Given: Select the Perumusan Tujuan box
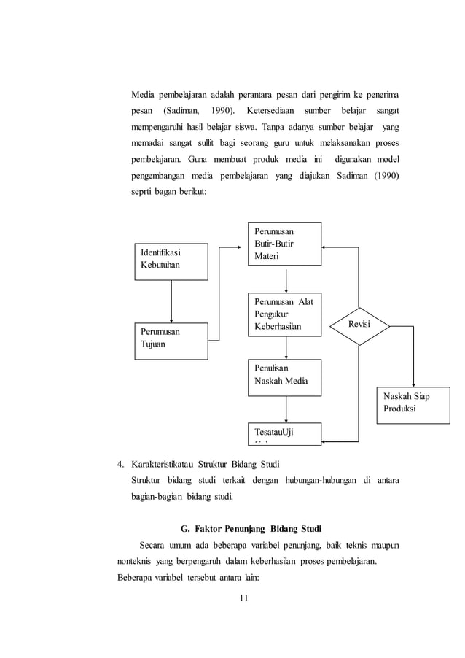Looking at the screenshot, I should click(x=171, y=341).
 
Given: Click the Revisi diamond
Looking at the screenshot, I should click(x=358, y=323).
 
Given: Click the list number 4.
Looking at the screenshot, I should click(x=120, y=465).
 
